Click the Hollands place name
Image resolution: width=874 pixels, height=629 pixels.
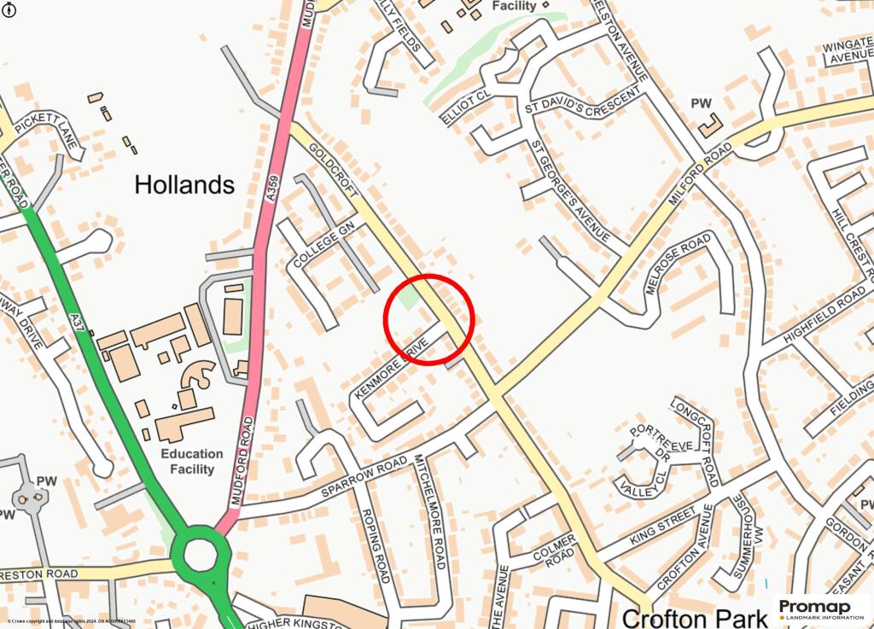point(184,184)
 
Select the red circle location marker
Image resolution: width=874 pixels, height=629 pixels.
point(428,319)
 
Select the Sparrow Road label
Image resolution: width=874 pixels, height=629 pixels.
point(364,478)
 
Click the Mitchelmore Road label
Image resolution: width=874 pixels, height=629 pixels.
point(429,511)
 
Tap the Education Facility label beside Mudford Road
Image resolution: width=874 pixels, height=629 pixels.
point(192,462)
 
